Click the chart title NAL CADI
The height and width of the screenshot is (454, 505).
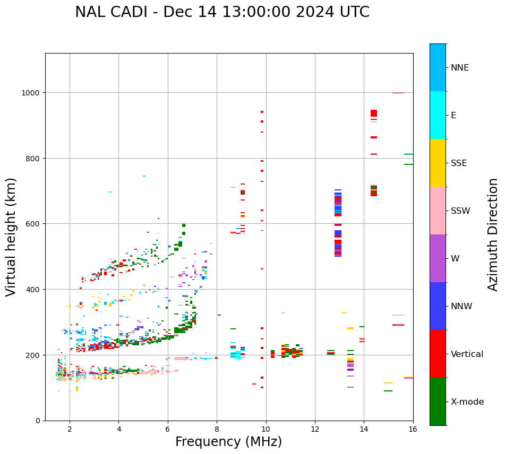[222, 12]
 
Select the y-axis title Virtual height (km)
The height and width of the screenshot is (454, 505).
[11, 237]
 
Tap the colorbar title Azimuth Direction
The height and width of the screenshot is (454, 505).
[493, 234]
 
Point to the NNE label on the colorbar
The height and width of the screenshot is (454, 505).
[460, 67]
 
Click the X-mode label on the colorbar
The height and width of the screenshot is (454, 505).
[467, 402]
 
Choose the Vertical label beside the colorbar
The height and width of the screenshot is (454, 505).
[467, 354]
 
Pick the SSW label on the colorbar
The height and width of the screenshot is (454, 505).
[460, 211]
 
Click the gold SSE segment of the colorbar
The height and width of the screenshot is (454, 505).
[438, 163]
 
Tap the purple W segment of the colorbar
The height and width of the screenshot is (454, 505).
[438, 258]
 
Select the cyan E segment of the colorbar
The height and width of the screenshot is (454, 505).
[438, 115]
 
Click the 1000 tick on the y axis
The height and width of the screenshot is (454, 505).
[32, 93]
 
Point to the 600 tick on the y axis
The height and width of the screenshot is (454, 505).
[34, 224]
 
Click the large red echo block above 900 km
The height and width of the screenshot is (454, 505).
[374, 113]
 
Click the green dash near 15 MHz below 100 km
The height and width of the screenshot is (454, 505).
[388, 391]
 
